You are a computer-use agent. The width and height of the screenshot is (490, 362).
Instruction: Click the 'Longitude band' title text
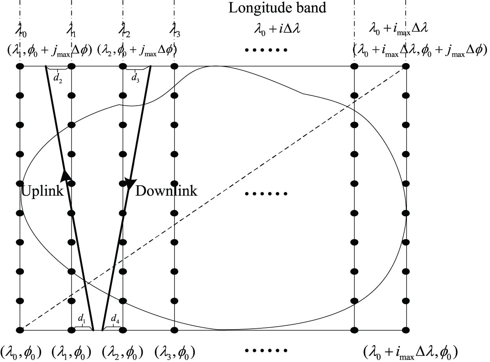[277, 8]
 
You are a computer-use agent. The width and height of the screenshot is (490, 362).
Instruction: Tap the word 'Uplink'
[42, 191]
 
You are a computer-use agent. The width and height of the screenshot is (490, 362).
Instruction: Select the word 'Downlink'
[166, 191]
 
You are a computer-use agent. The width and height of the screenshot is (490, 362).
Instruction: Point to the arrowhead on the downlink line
[130, 183]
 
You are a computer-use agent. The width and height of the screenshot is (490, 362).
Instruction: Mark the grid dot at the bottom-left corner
[20, 330]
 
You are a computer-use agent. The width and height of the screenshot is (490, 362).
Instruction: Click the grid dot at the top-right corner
[406, 66]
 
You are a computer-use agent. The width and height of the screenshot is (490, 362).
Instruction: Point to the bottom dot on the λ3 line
[174, 330]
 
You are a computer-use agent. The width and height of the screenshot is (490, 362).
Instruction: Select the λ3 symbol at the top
[175, 29]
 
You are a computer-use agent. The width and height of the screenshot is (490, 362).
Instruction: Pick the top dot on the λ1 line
[71, 66]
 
